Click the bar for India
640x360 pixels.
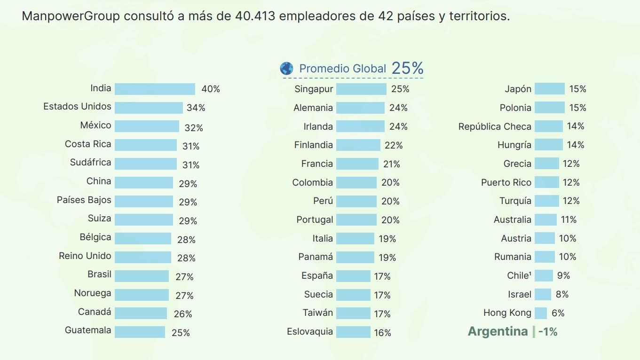point(155,89)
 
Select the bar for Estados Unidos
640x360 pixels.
point(149,108)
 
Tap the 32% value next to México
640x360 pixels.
point(194,127)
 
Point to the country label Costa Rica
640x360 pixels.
point(88,144)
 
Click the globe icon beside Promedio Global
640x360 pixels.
point(286,69)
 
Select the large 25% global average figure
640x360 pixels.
point(408,68)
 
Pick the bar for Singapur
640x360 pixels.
point(361,89)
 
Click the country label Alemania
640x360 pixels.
point(313,108)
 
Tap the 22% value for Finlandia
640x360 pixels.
point(394,145)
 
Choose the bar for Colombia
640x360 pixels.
point(356,182)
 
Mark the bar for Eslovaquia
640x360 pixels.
point(353,332)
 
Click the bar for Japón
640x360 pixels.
point(549,89)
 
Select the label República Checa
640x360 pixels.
point(495,126)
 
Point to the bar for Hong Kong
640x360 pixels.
point(541,313)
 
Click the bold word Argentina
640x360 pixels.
point(498,331)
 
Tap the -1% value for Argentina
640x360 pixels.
point(548,332)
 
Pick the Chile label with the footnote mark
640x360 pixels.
point(519,275)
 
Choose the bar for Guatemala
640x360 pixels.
point(140,332)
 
